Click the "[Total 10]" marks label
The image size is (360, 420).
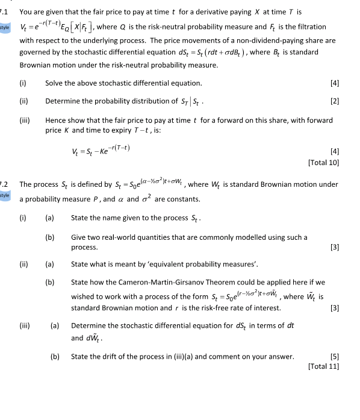coord(323,162)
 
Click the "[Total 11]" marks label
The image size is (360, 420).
coord(323,366)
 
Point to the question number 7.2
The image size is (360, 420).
coord(3,184)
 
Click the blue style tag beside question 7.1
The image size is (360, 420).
coord(5,27)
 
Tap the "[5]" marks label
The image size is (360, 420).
coord(334,357)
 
